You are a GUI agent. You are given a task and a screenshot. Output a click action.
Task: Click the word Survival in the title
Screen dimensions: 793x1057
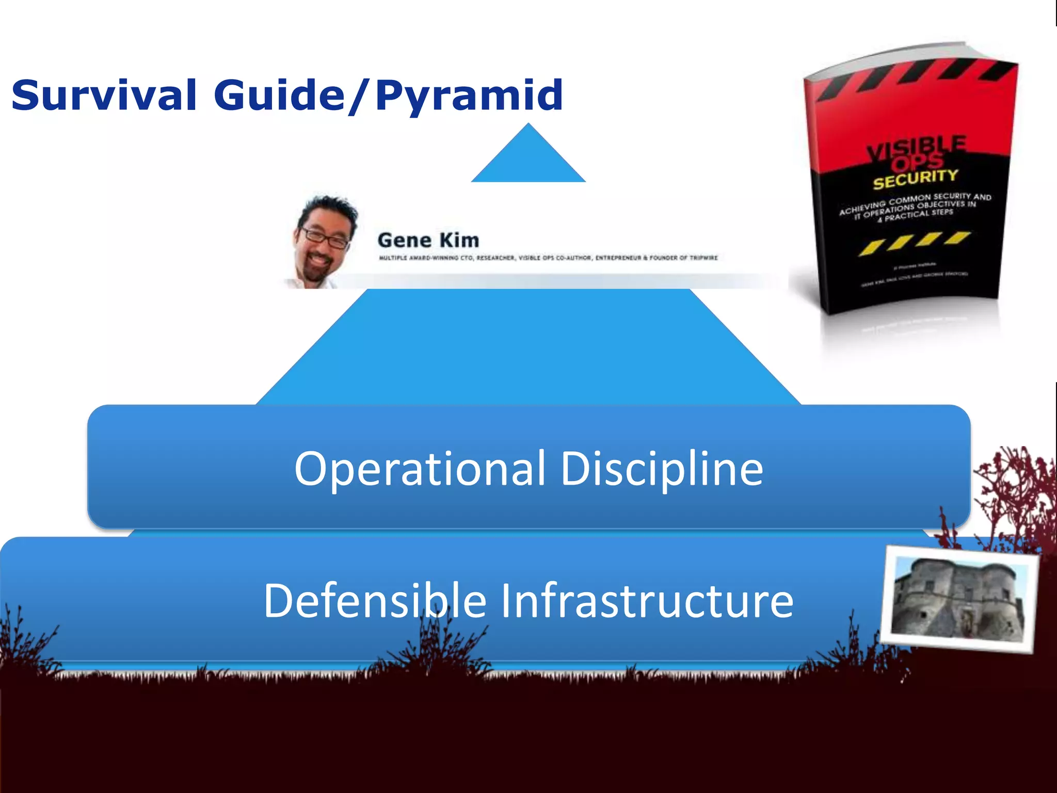coord(103,96)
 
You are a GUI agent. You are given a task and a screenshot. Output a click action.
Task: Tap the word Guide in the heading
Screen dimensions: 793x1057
coord(279,96)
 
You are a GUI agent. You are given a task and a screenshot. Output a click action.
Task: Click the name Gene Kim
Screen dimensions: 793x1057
coord(428,241)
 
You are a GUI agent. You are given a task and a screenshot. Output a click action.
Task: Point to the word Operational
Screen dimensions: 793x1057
coord(419,468)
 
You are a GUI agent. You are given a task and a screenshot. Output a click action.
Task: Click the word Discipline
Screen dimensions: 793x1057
coord(662,468)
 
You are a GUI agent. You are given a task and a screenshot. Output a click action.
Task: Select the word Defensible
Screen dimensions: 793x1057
coord(375,600)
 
